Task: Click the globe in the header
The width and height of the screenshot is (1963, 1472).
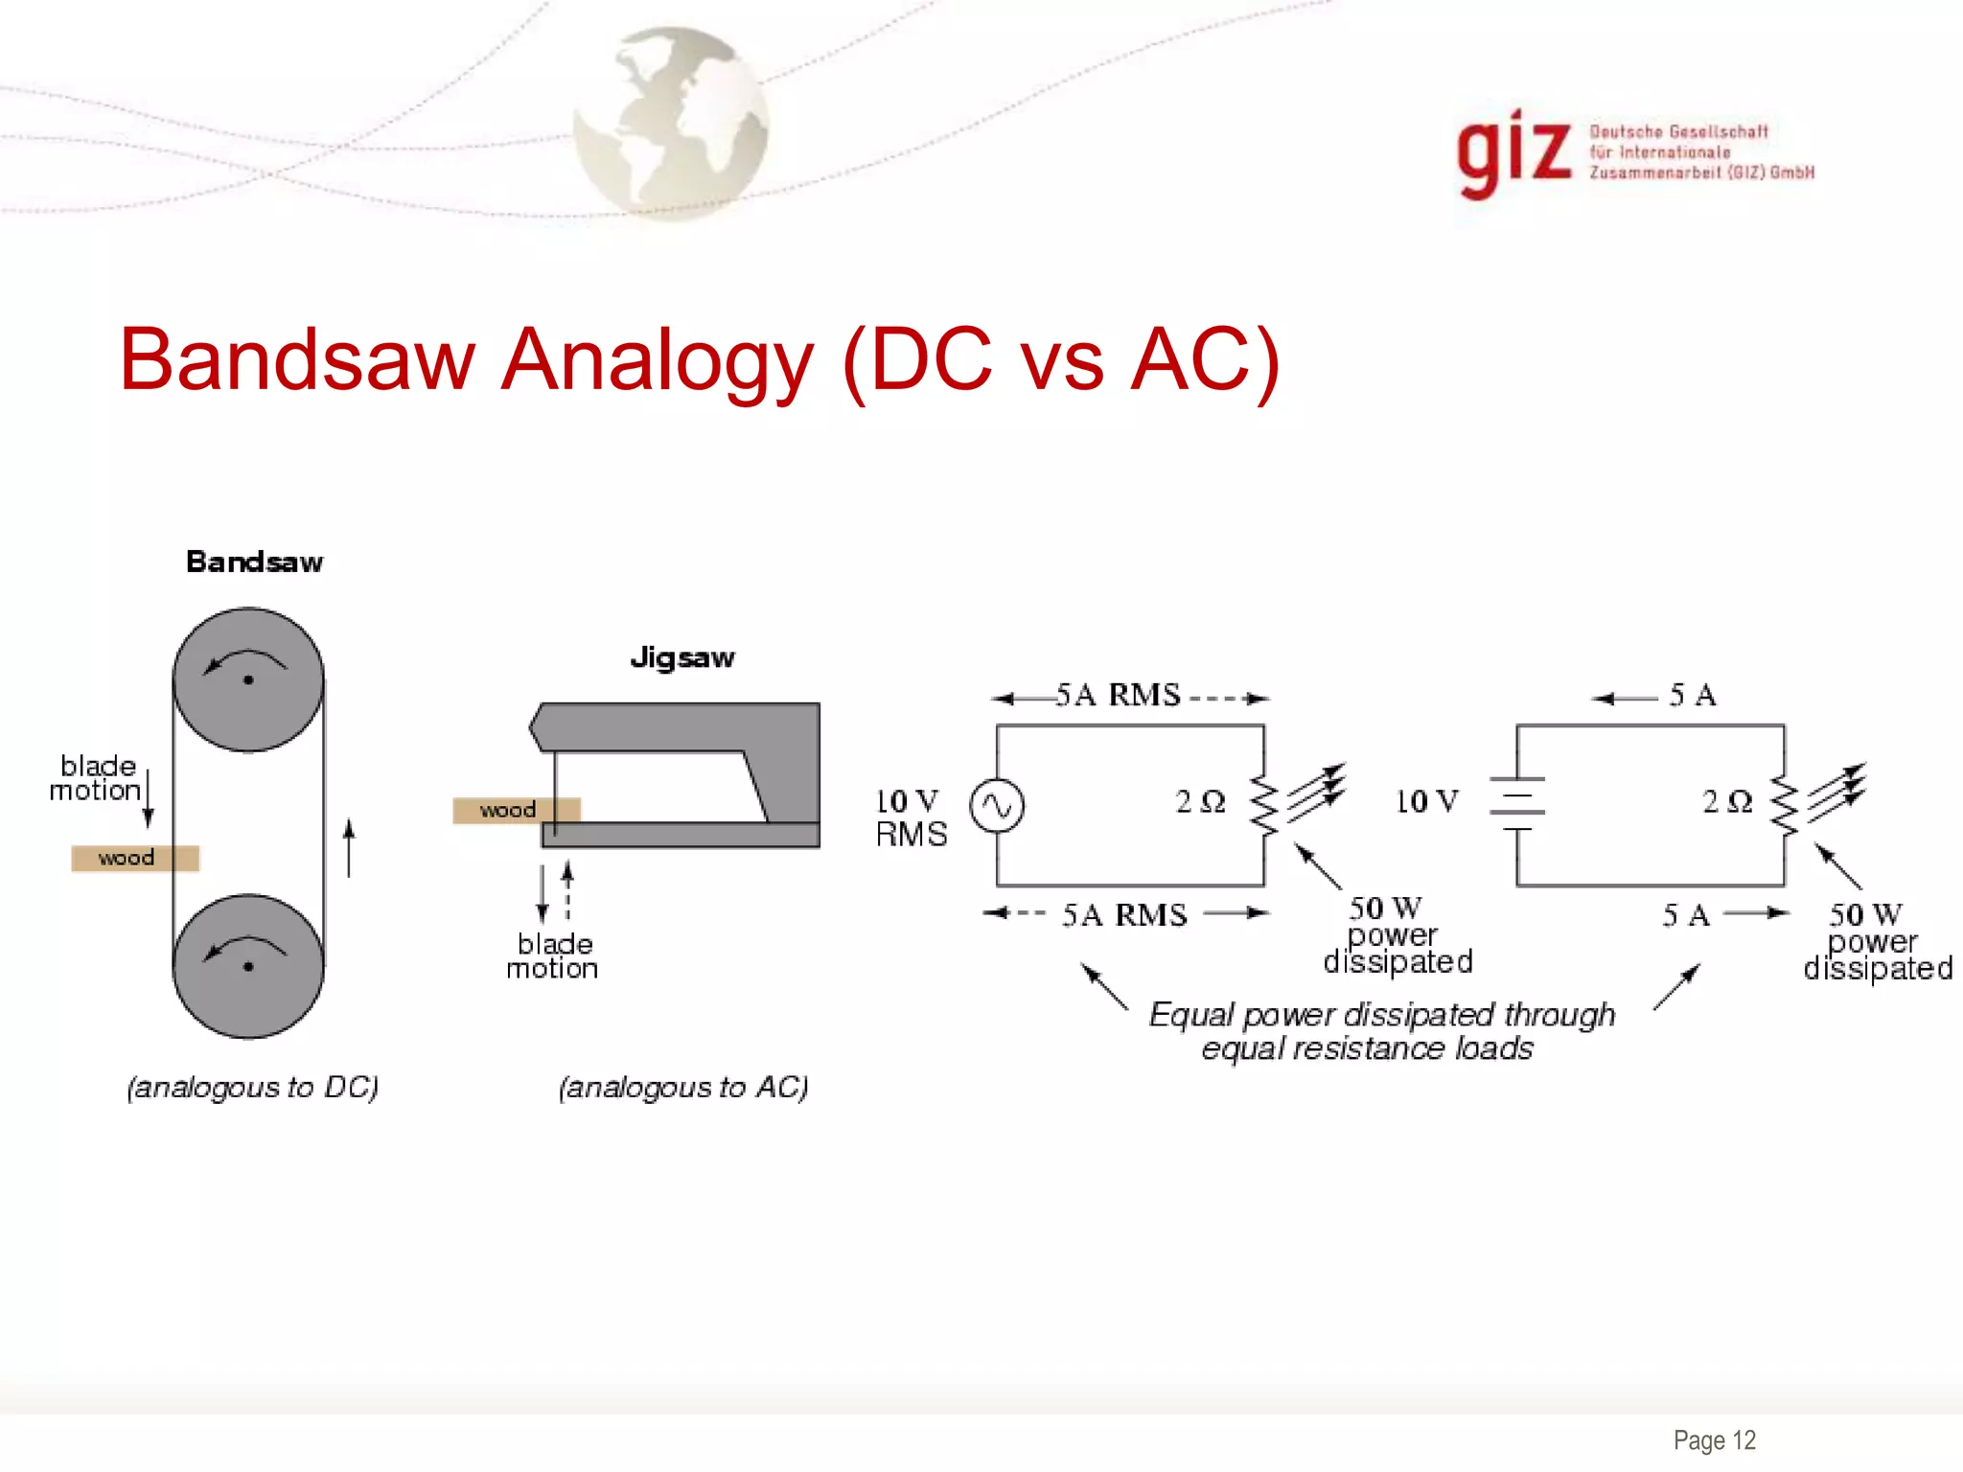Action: [671, 123]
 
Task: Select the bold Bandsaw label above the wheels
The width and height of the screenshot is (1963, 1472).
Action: [254, 562]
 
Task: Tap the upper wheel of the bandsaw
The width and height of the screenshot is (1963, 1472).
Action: [248, 679]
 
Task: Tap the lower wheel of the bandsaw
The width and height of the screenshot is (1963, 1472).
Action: [248, 966]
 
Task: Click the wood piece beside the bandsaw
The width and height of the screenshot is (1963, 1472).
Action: [134, 858]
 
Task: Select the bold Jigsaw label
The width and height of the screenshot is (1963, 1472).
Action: [682, 657]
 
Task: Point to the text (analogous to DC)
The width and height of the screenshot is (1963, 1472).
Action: [253, 1087]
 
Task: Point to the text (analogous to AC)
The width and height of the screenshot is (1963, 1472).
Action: [683, 1087]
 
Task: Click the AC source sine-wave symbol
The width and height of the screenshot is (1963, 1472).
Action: [997, 806]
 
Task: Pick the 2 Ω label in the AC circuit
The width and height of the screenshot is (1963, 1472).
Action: [1200, 801]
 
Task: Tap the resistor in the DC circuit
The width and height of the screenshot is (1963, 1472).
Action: [1784, 805]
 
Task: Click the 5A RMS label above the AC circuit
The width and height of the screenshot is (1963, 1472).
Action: [1118, 695]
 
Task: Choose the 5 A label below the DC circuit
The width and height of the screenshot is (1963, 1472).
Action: [1686, 915]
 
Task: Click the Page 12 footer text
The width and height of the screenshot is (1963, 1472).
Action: [1714, 1439]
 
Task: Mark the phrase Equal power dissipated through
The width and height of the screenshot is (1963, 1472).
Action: [1381, 1014]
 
